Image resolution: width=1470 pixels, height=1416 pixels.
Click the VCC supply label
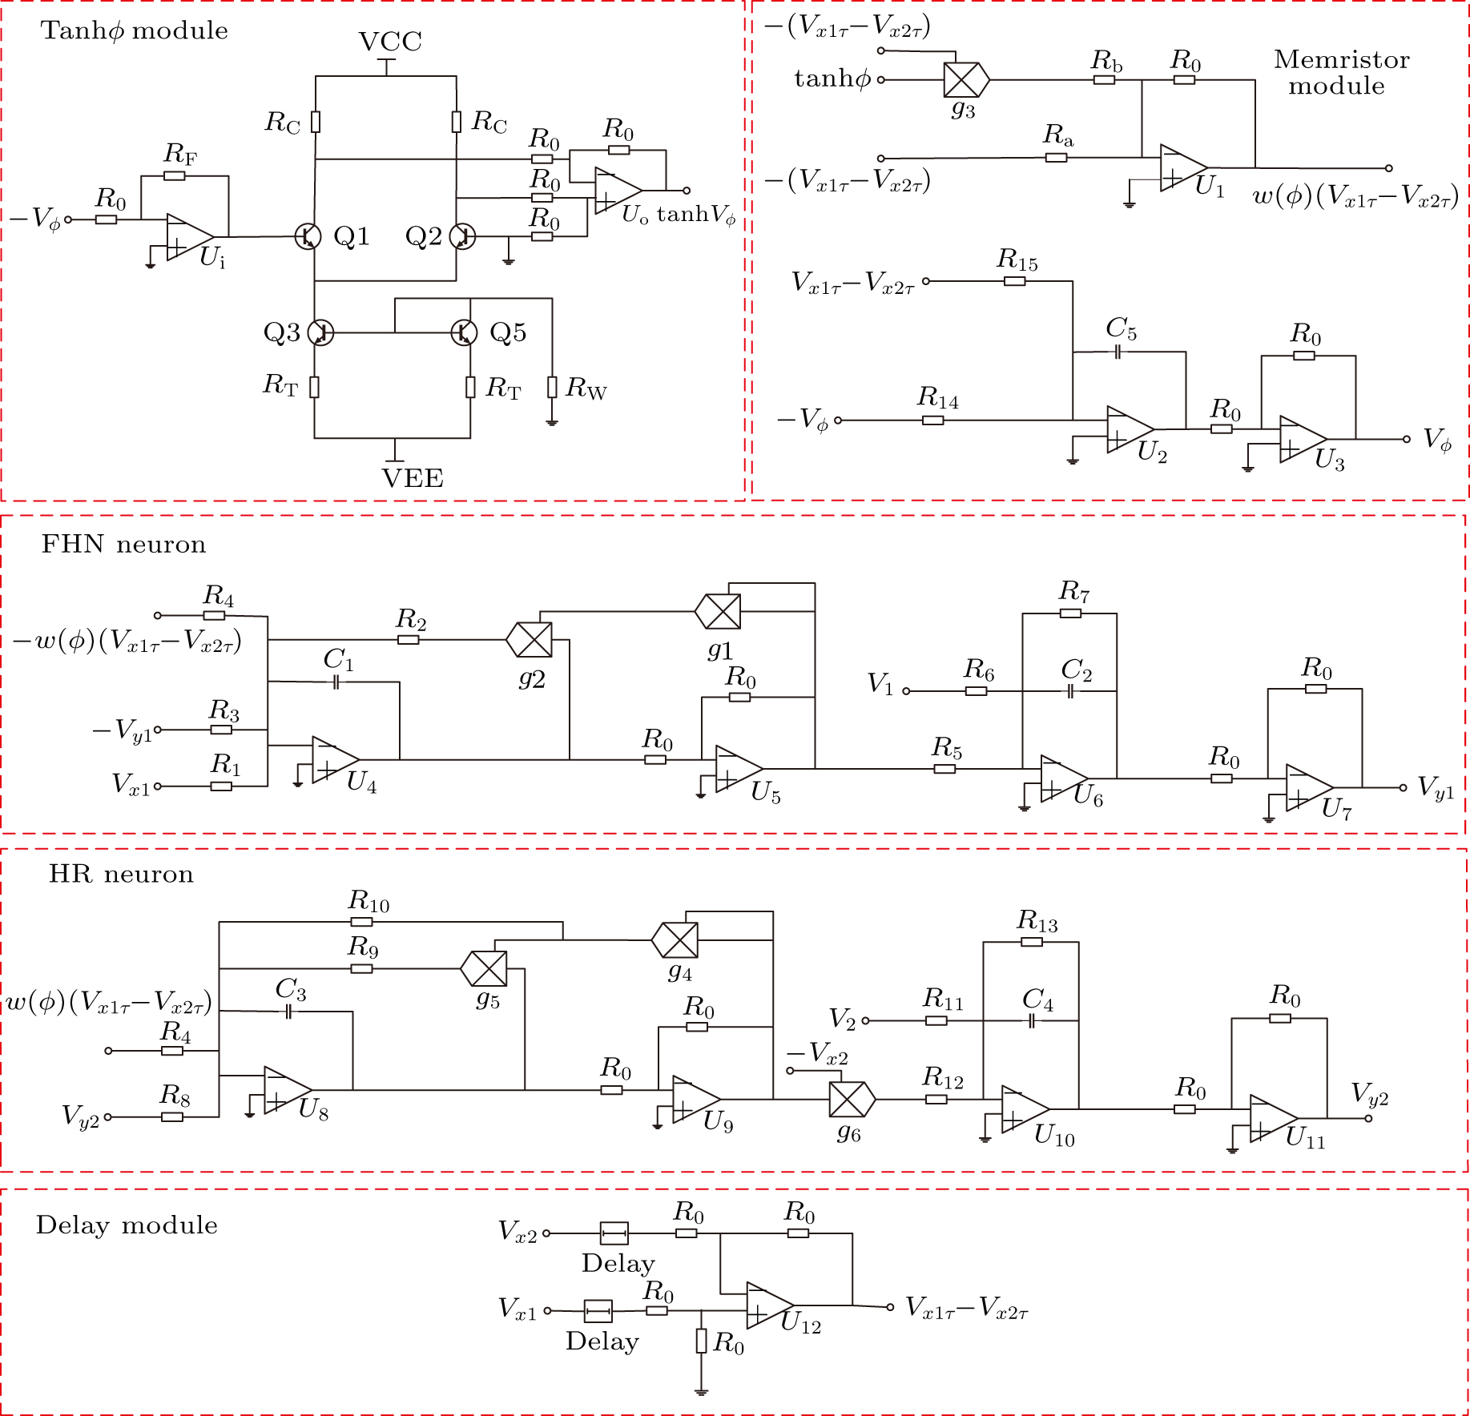(x=390, y=41)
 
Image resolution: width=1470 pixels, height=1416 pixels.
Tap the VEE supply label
(x=413, y=478)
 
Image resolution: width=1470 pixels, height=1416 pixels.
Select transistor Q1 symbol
(x=308, y=236)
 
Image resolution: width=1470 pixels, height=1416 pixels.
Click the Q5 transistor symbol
(x=465, y=332)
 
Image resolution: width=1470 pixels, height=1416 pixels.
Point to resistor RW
(x=552, y=388)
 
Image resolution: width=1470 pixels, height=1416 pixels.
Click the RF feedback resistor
(x=175, y=175)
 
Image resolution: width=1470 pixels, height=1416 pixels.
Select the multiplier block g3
(x=966, y=80)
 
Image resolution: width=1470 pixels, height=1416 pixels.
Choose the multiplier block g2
(x=530, y=639)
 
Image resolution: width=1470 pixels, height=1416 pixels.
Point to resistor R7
(x=1070, y=613)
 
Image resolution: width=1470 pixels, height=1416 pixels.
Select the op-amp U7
(x=1310, y=787)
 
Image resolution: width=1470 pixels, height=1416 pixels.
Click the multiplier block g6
(x=852, y=1099)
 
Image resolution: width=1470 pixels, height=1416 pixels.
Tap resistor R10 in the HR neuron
(x=361, y=922)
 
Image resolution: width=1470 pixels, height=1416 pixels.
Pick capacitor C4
(x=1032, y=1021)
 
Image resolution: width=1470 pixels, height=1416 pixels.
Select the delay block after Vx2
(x=614, y=1233)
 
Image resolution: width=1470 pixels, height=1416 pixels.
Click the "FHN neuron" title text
(x=123, y=545)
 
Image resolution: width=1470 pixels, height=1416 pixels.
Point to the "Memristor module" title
(x=1341, y=72)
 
